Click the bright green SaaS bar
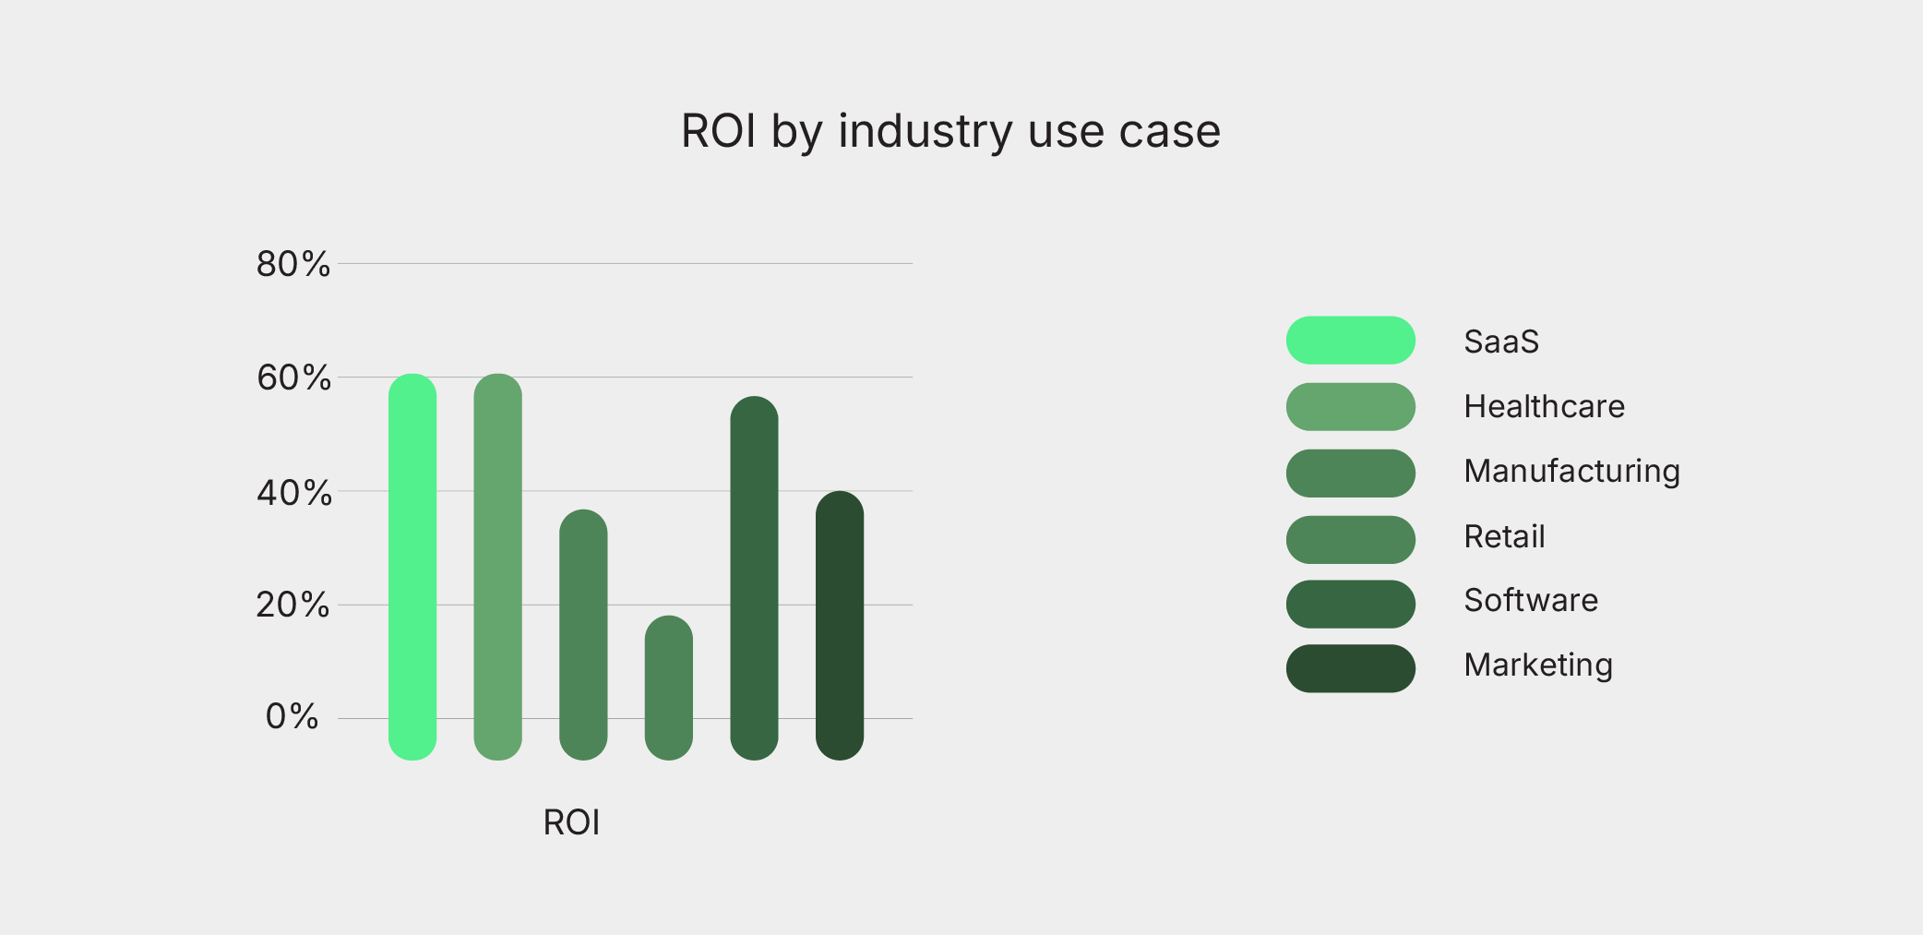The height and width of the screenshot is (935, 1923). pos(412,567)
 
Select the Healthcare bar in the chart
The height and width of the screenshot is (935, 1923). pos(497,567)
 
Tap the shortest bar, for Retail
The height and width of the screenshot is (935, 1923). pos(668,688)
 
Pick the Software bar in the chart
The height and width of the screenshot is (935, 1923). pos(754,578)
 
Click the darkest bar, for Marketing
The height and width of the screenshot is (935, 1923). pos(840,626)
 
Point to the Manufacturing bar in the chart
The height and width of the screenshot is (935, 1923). pos(583,635)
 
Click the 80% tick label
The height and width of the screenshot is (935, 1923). pos(293,264)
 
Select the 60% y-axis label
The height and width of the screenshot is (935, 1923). pos(293,378)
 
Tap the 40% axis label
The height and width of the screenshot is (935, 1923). pos(293,492)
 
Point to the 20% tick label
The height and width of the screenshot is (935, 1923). pos(293,605)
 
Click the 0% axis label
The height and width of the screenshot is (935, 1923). pos(292,716)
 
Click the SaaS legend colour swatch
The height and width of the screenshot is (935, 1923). pos(1350,341)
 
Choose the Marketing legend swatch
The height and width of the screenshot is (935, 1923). pos(1350,668)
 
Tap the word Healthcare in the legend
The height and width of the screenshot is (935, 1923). pos(1544,406)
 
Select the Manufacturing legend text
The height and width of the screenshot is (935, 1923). pos(1571,471)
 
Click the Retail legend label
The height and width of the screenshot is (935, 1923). pos(1504,536)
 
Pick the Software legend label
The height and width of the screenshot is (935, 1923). pos(1531,600)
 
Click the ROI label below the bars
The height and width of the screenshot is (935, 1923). pos(571,822)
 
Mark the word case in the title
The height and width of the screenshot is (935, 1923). pos(1169,131)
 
